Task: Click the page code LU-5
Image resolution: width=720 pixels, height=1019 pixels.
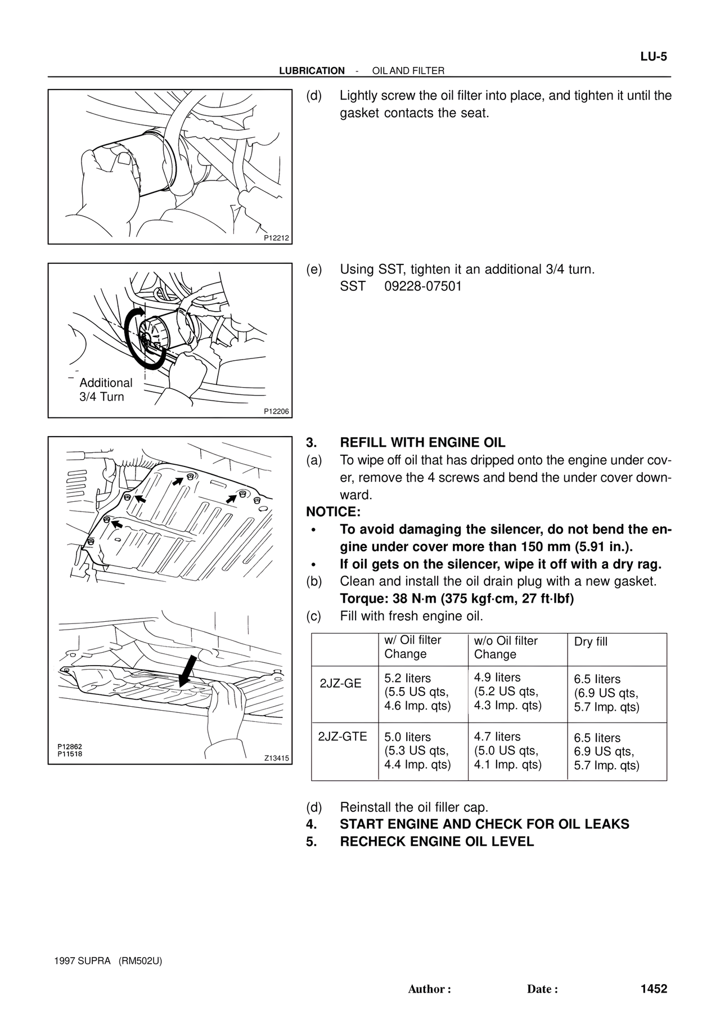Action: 653,56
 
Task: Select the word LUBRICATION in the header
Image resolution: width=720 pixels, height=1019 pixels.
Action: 312,71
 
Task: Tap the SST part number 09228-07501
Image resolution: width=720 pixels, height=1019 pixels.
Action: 423,286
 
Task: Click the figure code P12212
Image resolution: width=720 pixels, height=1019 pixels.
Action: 276,238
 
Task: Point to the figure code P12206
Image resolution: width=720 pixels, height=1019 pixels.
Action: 276,411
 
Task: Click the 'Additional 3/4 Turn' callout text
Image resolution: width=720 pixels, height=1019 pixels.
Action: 106,389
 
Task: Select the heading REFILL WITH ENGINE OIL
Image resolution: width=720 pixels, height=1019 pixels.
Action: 422,443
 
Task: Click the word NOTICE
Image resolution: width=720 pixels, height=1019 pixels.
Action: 332,512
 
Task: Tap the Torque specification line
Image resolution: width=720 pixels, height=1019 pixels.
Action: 457,599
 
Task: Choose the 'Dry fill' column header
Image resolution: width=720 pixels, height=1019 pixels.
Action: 591,642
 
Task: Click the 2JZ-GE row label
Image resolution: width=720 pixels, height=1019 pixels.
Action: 340,684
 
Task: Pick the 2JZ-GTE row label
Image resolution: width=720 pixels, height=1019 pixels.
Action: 343,737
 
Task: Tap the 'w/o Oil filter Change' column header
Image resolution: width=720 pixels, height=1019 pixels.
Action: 506,648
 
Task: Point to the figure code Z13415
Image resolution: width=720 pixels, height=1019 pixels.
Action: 276,758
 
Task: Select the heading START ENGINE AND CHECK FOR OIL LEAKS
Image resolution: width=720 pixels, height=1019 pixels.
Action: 484,824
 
